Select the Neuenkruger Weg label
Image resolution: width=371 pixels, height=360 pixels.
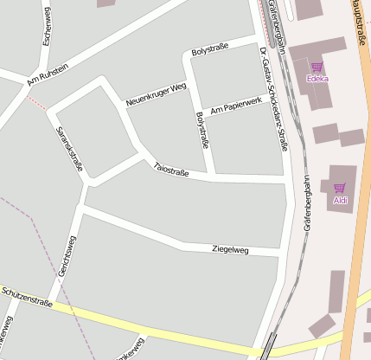156,95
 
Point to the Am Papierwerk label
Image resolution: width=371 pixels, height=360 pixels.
235,106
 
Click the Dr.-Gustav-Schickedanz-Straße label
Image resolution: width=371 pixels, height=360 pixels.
274,100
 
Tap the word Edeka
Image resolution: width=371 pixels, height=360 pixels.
317,79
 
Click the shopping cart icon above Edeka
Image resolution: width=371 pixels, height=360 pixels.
317,67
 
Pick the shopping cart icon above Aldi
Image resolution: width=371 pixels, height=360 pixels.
340,187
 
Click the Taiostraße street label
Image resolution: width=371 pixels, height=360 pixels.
170,169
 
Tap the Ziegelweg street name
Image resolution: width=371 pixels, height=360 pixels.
230,250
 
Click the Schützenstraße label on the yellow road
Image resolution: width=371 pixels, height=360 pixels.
27,298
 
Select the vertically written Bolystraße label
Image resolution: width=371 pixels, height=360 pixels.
202,130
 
